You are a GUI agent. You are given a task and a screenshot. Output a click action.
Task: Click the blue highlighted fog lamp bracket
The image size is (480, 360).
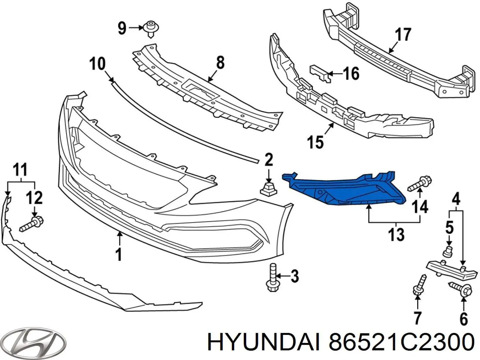click(x=343, y=190)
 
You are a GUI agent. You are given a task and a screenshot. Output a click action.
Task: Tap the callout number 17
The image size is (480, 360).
click(x=403, y=35)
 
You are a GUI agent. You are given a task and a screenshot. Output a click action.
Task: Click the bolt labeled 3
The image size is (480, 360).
click(x=272, y=277)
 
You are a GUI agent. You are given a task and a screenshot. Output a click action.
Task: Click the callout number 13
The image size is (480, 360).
click(x=396, y=235)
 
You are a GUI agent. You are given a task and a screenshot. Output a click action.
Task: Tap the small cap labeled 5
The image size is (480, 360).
click(x=447, y=251)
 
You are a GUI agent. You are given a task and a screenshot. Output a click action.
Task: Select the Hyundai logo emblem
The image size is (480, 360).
click(x=34, y=342)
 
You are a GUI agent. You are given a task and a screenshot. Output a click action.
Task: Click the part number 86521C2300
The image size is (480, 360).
click(x=401, y=342)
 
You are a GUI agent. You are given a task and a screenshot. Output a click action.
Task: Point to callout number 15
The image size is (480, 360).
click(x=315, y=142)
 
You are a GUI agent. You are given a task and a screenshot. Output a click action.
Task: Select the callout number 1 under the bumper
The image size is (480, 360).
click(x=118, y=254)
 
